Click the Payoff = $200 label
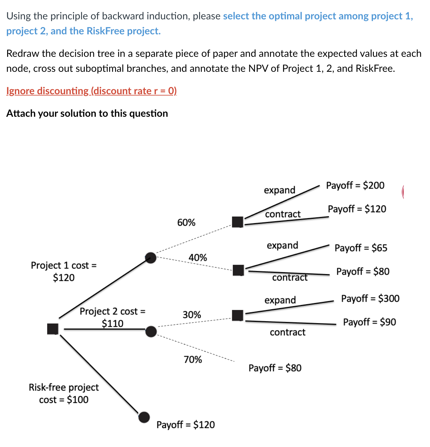pyautogui.click(x=355, y=185)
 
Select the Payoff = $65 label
pyautogui.click(x=361, y=248)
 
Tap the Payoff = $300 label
pyautogui.click(x=370, y=299)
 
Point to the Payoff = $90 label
pyautogui.click(x=369, y=322)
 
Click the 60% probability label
pyautogui.click(x=186, y=223)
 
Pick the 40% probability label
pyautogui.click(x=198, y=258)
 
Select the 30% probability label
pyautogui.click(x=192, y=315)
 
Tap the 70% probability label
pyautogui.click(x=193, y=360)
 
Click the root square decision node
pyautogui.click(x=53, y=329)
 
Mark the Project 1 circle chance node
pyautogui.click(x=151, y=258)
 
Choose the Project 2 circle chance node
pyautogui.click(x=151, y=332)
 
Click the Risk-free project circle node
pyautogui.click(x=144, y=417)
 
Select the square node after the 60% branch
pyautogui.click(x=238, y=222)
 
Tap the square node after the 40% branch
pyautogui.click(x=238, y=270)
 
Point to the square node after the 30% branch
pyautogui.click(x=238, y=315)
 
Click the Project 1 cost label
pyautogui.click(x=64, y=271)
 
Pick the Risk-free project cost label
pyautogui.click(x=64, y=393)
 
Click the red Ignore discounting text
pyautogui.click(x=91, y=91)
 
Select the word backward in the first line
pyautogui.click(x=124, y=16)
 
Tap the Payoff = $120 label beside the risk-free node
pyautogui.click(x=185, y=425)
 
